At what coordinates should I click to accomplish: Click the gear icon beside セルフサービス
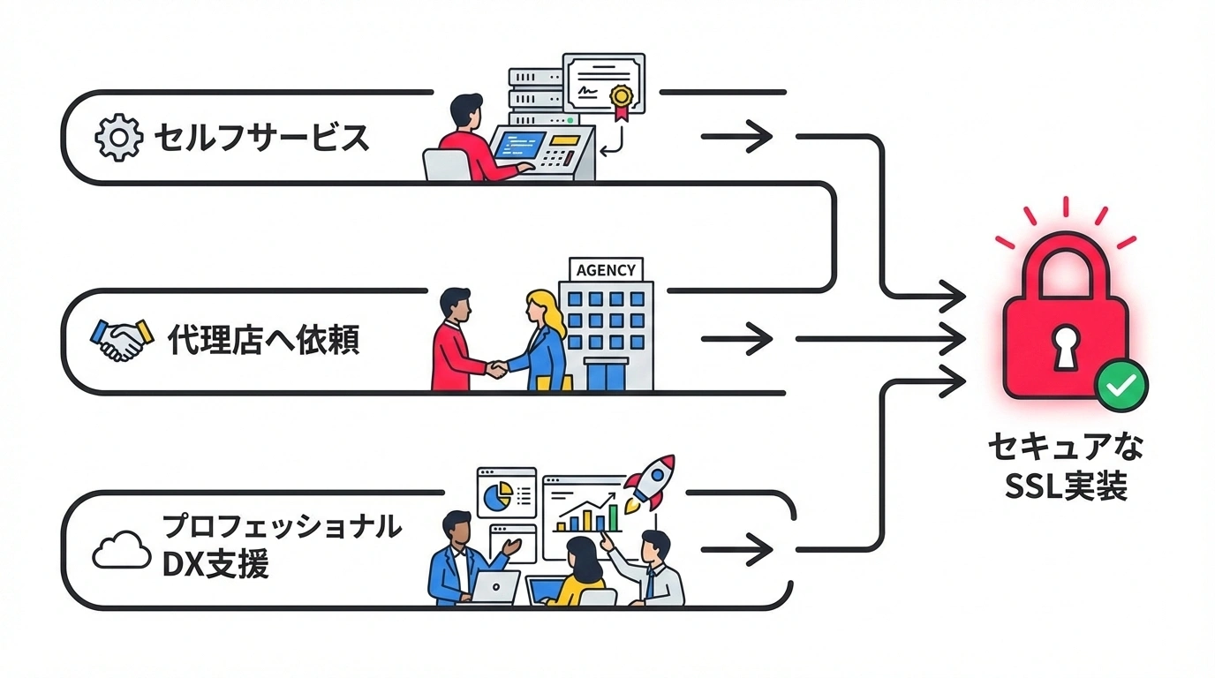click(118, 139)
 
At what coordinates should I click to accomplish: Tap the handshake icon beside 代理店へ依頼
click(123, 340)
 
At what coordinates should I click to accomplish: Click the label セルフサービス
click(261, 139)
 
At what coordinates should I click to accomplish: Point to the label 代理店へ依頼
click(263, 340)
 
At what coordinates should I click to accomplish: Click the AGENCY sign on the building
click(606, 270)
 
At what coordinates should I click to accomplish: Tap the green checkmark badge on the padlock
click(1121, 386)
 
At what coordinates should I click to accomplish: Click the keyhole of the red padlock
click(1066, 348)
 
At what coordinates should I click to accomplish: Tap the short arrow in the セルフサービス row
click(736, 137)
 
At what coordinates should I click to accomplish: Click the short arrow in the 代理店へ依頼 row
click(736, 339)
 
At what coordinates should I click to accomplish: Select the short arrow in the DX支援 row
click(736, 550)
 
